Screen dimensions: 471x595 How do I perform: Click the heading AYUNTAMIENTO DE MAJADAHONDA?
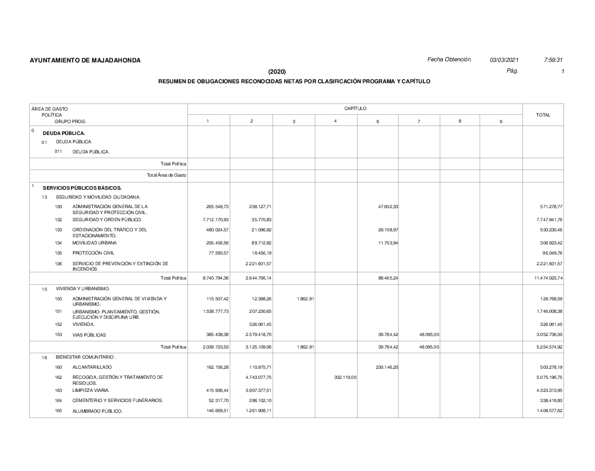[85, 61]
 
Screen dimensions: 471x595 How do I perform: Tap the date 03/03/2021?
[505, 60]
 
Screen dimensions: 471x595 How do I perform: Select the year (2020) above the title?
[277, 72]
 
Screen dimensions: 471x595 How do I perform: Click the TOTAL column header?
[543, 115]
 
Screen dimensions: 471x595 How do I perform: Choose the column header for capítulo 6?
[378, 121]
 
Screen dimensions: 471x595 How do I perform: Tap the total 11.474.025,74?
[543, 278]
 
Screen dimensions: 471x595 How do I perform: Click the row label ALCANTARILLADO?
[92, 367]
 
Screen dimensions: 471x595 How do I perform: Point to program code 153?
[58, 335]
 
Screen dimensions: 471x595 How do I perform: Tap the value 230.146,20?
[386, 367]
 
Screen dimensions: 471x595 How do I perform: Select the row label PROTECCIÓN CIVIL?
[93, 252]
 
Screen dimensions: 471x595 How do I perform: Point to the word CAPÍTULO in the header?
[355, 108]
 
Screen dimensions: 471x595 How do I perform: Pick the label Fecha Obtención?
[449, 60]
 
